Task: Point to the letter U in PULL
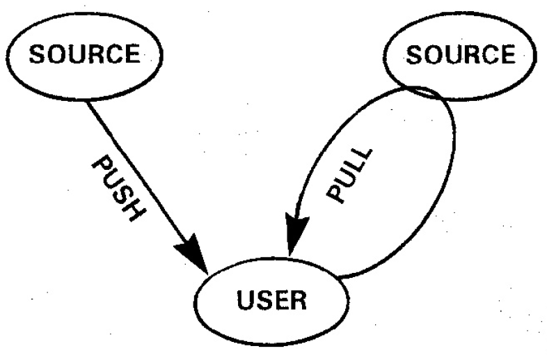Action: [x=346, y=181]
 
